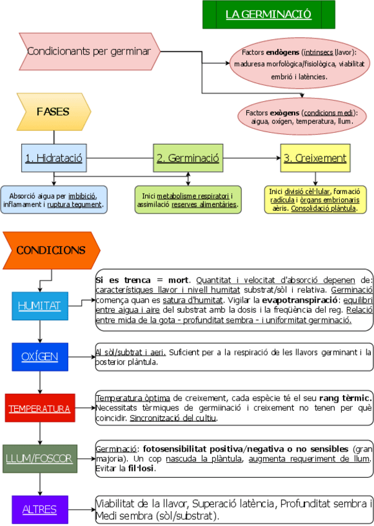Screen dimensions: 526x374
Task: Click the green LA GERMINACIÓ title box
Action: click(269, 14)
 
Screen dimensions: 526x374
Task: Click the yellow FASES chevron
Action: click(54, 112)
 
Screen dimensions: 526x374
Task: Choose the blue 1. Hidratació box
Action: click(54, 158)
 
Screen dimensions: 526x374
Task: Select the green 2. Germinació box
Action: click(187, 158)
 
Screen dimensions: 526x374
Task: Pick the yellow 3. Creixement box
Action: click(314, 158)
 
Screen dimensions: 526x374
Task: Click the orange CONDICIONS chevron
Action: click(51, 251)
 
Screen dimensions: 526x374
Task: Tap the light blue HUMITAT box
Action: click(40, 306)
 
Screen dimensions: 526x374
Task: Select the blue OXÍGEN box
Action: click(40, 357)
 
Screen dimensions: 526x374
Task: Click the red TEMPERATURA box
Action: click(40, 409)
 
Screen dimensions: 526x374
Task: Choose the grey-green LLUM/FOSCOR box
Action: click(40, 459)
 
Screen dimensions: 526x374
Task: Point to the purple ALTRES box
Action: click(40, 510)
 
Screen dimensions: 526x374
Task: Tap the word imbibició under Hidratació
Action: click(86, 195)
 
